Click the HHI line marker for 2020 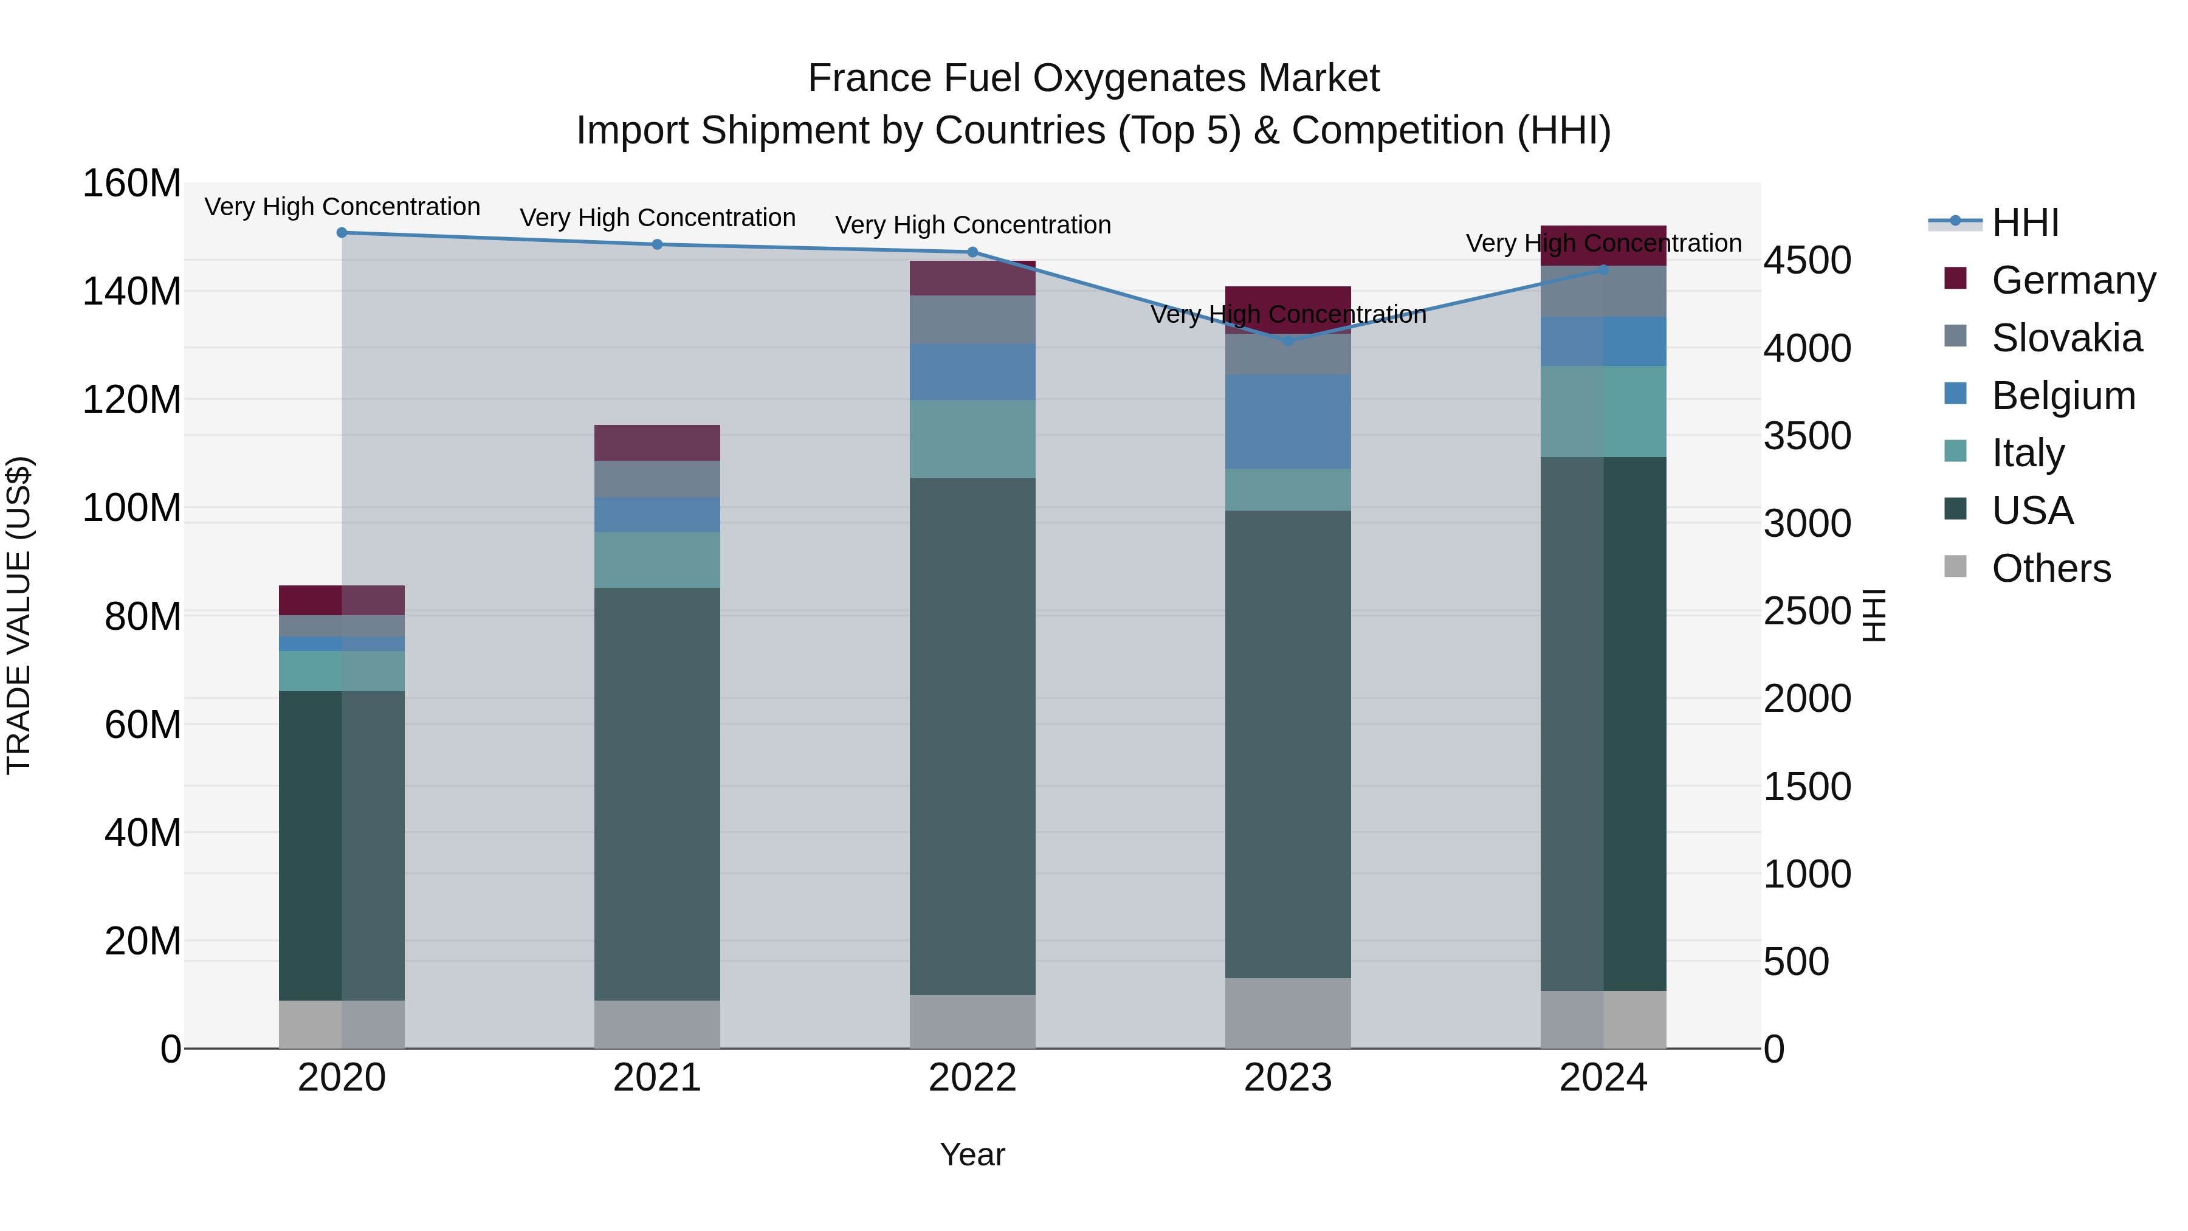tap(342, 233)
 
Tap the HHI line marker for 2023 tap(1288, 340)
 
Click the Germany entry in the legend tap(2073, 280)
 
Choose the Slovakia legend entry tap(2066, 338)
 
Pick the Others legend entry tap(2051, 568)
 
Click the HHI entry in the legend tap(2025, 222)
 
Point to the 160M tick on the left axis tap(132, 184)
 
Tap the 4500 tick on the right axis tap(1807, 261)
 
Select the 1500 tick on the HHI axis tap(1807, 787)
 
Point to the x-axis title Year tap(972, 1154)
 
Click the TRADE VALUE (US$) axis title tap(19, 615)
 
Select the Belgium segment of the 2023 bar tap(1288, 421)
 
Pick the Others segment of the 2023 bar tap(1288, 1013)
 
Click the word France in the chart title tap(858, 78)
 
